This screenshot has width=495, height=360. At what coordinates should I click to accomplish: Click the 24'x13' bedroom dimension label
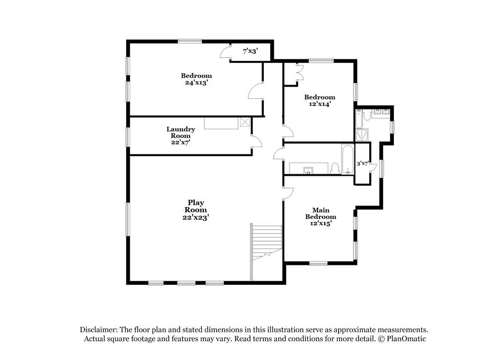coord(196,83)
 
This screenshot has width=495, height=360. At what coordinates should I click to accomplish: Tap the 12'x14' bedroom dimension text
coord(319,104)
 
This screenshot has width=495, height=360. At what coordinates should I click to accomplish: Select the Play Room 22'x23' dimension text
coord(196,217)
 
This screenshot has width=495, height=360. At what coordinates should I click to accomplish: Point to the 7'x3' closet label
coord(249,51)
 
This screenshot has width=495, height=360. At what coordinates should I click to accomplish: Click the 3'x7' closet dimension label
coord(363,163)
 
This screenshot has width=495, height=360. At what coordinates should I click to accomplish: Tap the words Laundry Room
coord(181,132)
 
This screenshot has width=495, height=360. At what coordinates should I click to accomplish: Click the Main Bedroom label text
coord(320,213)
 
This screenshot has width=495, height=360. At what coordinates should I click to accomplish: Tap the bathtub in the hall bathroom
coord(347,159)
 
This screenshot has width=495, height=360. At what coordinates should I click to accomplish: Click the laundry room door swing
coord(256,142)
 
